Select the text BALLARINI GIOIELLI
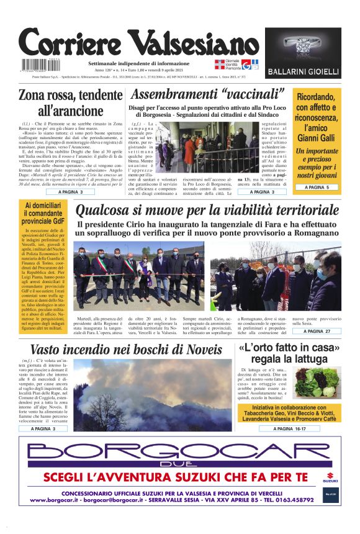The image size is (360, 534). click(x=303, y=72)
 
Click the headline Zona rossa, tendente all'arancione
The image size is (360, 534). click(x=71, y=104)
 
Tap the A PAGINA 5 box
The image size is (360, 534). click(x=317, y=187)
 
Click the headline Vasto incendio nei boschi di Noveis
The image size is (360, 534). click(x=126, y=350)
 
